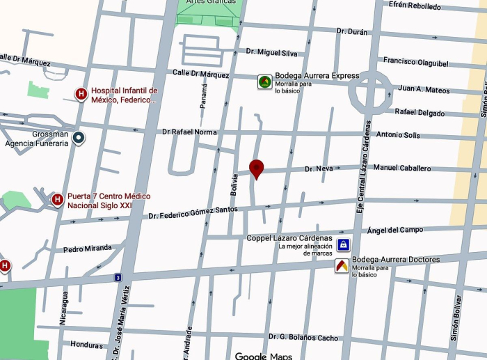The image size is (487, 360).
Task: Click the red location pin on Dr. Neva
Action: tap(257, 168)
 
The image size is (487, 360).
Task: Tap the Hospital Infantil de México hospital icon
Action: tap(81, 94)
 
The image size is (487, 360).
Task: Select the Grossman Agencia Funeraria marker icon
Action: tap(79, 139)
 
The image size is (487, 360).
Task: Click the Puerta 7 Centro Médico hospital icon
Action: tap(58, 201)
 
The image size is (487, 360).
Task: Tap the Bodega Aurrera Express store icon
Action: tap(264, 82)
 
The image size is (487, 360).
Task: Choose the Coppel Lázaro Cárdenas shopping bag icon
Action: tap(342, 245)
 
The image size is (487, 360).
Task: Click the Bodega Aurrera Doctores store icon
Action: tap(341, 265)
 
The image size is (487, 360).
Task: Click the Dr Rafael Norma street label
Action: tap(189, 132)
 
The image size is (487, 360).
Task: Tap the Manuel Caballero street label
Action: tap(402, 168)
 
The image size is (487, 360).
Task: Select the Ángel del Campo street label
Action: tap(394, 230)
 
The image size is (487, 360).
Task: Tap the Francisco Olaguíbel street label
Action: tap(415, 62)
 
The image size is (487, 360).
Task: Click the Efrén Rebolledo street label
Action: tap(415, 6)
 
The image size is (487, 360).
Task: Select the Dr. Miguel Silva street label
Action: tap(271, 53)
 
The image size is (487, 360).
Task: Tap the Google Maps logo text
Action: tap(263, 356)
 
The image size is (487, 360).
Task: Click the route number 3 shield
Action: tap(118, 278)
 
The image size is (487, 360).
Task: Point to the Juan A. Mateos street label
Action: tap(424, 89)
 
